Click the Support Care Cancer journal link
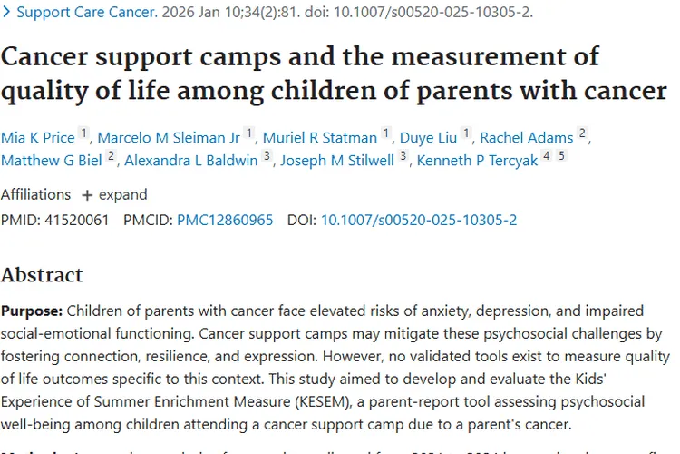point(86,13)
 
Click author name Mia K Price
point(38,138)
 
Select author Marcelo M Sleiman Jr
point(169,138)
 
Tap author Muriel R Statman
point(319,138)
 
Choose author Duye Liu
point(428,138)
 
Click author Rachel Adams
point(526,138)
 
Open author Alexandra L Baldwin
point(190,161)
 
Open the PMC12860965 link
point(225,220)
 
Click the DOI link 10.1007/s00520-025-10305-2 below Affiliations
point(419,220)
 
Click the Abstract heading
point(42,274)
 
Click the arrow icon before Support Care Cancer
point(6,13)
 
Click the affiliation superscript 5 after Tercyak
point(561,156)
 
